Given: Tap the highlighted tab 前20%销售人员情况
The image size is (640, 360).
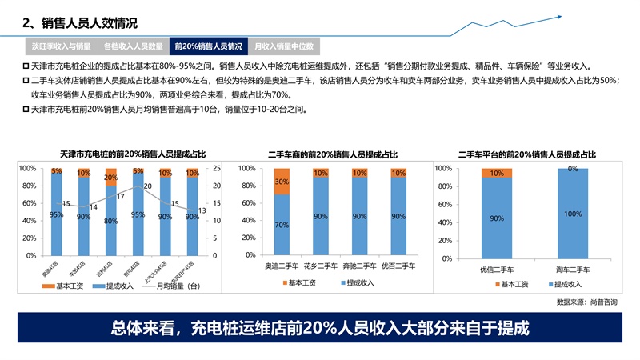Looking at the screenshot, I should (208, 46).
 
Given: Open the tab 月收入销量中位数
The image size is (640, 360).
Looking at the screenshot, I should (283, 46).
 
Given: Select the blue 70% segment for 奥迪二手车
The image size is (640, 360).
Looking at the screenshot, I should (281, 225).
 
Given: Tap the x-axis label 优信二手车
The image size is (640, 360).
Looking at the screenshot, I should (497, 269).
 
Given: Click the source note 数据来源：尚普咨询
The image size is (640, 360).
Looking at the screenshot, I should (586, 302).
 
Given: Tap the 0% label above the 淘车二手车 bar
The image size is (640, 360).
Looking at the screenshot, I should (572, 169).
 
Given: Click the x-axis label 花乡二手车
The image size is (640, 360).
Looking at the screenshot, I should (320, 263).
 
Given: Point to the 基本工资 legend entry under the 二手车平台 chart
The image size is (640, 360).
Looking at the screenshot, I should (514, 284).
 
